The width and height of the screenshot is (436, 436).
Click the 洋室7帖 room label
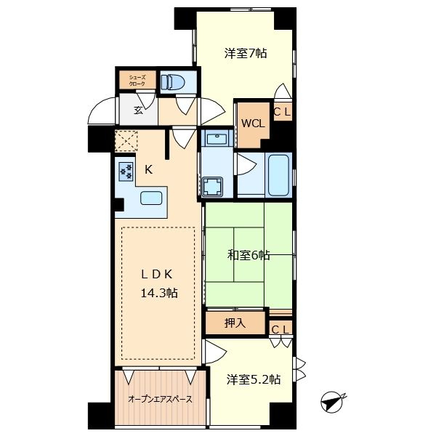[x=246, y=53]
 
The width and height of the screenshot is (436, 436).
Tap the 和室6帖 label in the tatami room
[x=249, y=255]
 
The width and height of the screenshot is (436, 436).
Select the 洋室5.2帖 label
[x=254, y=379]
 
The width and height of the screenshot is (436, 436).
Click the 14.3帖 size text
[x=159, y=293]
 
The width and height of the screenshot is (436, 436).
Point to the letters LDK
[x=157, y=275]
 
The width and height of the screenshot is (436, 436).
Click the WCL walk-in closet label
[x=253, y=124]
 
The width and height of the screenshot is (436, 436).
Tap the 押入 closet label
[x=235, y=323]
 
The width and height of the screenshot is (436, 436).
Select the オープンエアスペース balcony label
[x=160, y=399]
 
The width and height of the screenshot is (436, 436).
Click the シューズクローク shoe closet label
[x=137, y=81]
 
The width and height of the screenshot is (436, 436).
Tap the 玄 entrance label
[x=138, y=110]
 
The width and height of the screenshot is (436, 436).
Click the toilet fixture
[x=173, y=81]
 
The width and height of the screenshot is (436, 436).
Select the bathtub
[x=278, y=175]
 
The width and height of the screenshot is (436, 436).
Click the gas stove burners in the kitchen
[x=126, y=171]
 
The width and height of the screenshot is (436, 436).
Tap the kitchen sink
[x=151, y=198]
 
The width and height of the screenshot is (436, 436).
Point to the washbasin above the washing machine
[x=217, y=138]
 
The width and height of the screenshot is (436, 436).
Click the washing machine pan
[x=212, y=186]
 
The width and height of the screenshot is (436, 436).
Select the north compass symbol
[x=333, y=402]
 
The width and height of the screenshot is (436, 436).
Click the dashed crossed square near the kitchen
[x=126, y=141]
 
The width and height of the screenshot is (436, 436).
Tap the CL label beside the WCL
[x=282, y=111]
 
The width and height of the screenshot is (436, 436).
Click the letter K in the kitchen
[x=149, y=169]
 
